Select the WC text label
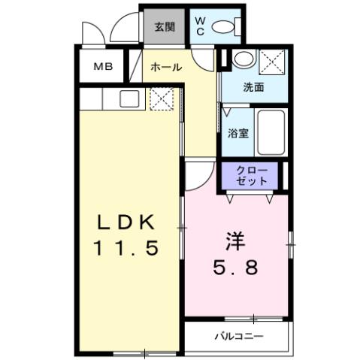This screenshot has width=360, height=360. click(x=201, y=27)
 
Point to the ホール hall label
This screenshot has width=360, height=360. click(x=165, y=67)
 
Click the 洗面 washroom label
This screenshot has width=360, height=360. click(x=253, y=86)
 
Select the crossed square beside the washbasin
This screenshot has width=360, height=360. click(x=271, y=61)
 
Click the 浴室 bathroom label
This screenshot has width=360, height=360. click(x=238, y=134)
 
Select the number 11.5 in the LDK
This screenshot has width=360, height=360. click(x=126, y=248)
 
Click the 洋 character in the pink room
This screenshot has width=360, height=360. click(x=235, y=242)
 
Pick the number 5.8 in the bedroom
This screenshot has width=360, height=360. click(x=235, y=267)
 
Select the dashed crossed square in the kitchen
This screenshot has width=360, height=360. click(x=161, y=98)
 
